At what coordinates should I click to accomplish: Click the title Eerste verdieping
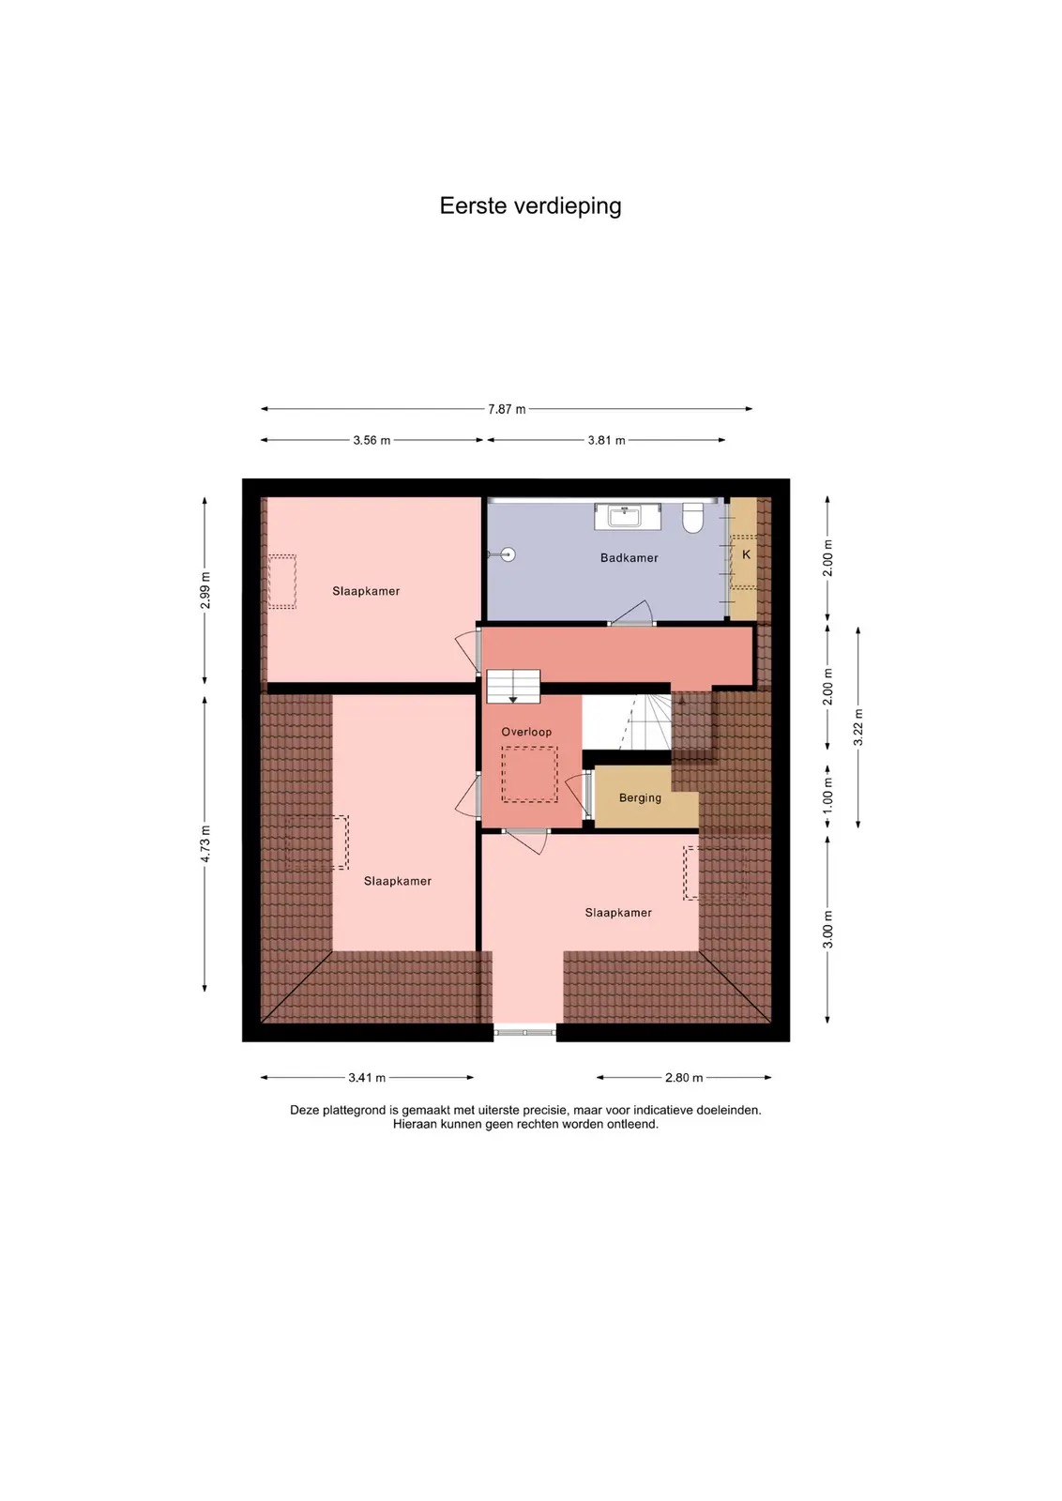530,205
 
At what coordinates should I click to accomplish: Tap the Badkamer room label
629,557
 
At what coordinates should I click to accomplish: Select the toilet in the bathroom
692,517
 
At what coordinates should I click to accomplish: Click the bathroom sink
627,516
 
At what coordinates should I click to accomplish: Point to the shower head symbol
506,554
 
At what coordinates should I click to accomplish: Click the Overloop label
526,732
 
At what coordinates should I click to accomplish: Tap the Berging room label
640,797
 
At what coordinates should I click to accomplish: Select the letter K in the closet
746,554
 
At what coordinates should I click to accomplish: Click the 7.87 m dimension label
507,409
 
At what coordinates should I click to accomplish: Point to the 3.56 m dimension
372,440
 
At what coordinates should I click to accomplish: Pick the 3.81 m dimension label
606,440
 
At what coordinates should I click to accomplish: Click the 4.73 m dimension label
205,844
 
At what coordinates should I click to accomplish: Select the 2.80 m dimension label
684,1078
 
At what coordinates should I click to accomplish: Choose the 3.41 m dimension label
367,1078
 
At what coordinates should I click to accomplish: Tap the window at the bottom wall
525,1033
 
